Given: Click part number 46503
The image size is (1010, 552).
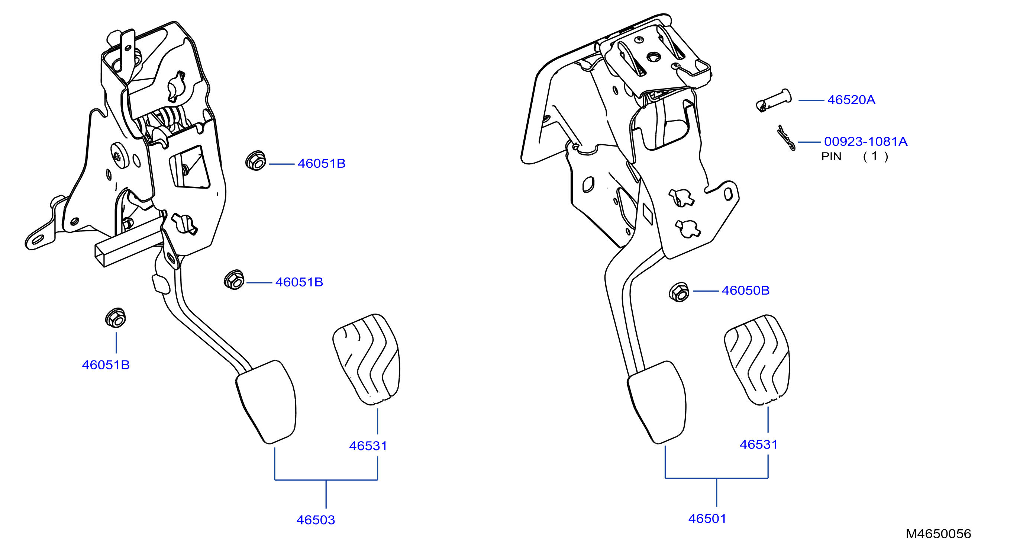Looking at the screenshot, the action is (x=316, y=520).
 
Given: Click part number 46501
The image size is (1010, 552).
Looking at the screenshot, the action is (x=707, y=519).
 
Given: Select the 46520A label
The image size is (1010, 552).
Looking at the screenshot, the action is (x=851, y=100).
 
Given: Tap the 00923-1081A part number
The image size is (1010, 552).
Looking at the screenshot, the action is (x=866, y=141).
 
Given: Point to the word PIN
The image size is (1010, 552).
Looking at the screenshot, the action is (x=831, y=157).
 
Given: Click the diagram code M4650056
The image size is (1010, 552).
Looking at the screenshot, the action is (x=938, y=533).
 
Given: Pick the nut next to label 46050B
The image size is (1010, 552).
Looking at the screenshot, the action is (x=679, y=292).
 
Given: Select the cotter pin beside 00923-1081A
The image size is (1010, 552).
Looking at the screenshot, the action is (x=786, y=137).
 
